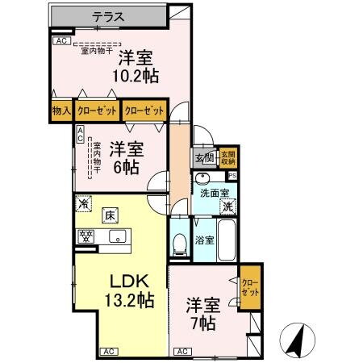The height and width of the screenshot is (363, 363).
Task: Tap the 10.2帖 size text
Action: pos(136,75)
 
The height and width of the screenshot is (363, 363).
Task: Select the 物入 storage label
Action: pos(61,111)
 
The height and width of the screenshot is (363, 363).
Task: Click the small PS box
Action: pos(232,175)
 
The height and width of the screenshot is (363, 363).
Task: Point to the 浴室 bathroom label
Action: pos(204,240)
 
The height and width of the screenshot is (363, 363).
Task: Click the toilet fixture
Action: pos(180,242)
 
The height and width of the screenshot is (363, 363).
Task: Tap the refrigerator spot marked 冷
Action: pos(84,205)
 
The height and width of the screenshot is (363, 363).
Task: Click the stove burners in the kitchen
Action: pos(86,236)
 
